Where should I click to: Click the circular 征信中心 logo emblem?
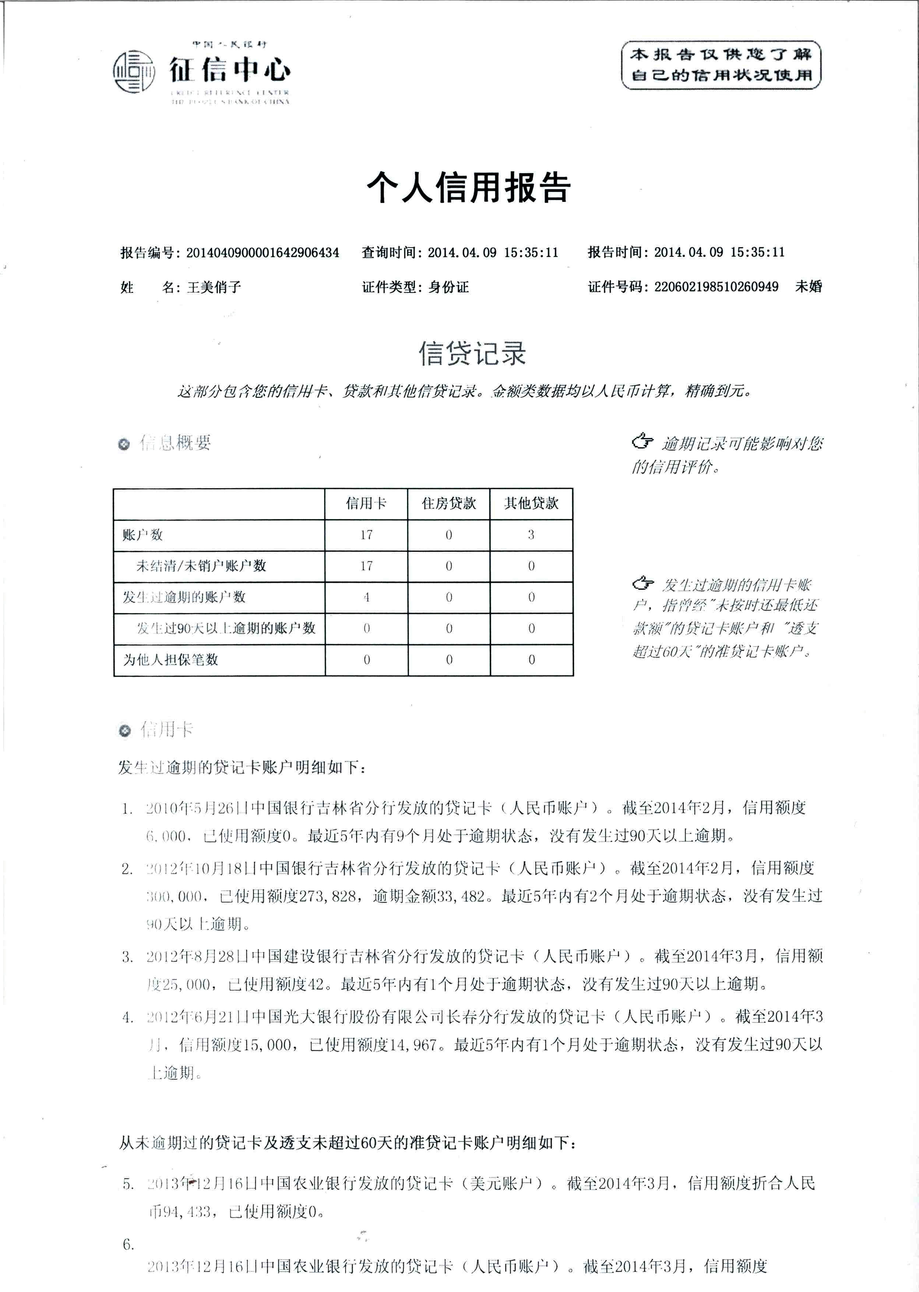coord(134,72)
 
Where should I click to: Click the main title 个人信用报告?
coord(469,188)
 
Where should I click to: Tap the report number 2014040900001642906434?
coord(263,252)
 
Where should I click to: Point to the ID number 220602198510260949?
coord(716,287)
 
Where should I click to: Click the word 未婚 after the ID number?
coord(808,287)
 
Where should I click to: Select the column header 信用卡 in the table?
coord(366,503)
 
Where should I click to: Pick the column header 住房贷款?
coord(449,503)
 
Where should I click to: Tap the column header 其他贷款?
coord(531,503)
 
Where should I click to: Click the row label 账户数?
coord(142,535)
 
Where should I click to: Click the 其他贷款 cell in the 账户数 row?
coord(531,535)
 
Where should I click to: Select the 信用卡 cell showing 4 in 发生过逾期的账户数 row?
coord(366,597)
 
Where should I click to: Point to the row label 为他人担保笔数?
coord(170,659)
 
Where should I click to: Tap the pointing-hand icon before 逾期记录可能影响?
coord(643,441)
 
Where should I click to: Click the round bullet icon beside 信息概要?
coord(124,444)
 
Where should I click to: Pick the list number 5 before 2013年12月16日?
coord(128,1184)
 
